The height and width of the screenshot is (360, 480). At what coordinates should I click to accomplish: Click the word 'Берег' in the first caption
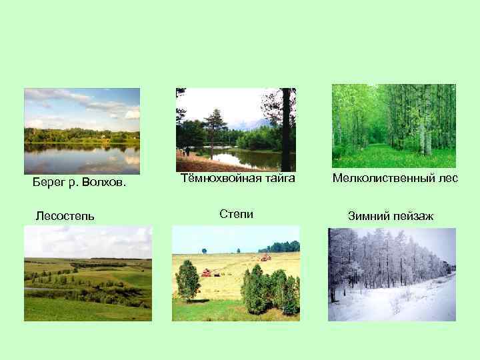[47, 183]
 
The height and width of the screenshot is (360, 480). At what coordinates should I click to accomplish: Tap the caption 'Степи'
[236, 214]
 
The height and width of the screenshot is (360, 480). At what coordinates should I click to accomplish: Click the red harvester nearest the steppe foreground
[206, 272]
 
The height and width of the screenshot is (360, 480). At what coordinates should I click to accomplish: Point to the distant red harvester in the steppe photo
[265, 257]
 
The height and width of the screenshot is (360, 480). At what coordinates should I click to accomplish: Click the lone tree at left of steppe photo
[187, 280]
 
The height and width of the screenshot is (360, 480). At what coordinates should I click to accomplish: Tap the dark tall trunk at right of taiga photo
[287, 130]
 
